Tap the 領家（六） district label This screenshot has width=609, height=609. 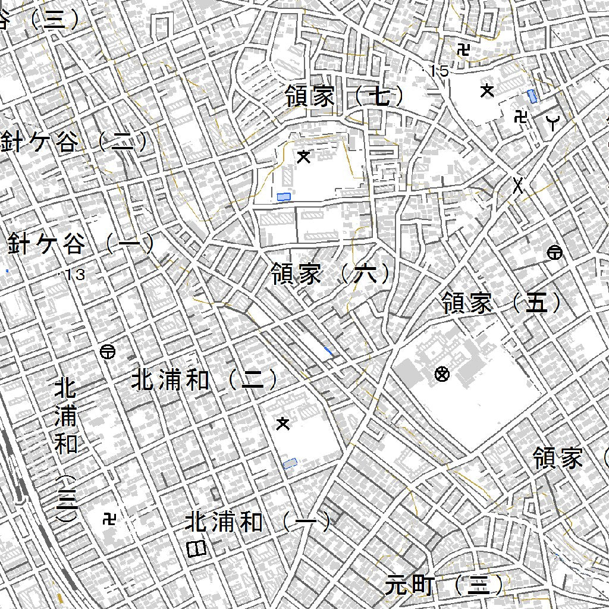(x=331, y=274)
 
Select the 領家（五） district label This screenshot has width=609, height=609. (x=501, y=304)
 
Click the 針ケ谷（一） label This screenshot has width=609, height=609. (x=81, y=244)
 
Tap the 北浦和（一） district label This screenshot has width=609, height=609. (x=258, y=523)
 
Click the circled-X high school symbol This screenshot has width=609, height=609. (x=442, y=374)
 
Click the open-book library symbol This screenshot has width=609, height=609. (x=197, y=548)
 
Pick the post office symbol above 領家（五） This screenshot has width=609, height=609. (x=555, y=253)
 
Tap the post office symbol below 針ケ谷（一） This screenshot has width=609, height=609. (x=108, y=351)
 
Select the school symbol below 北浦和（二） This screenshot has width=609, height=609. (x=283, y=424)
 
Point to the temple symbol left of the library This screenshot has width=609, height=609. (x=109, y=519)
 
